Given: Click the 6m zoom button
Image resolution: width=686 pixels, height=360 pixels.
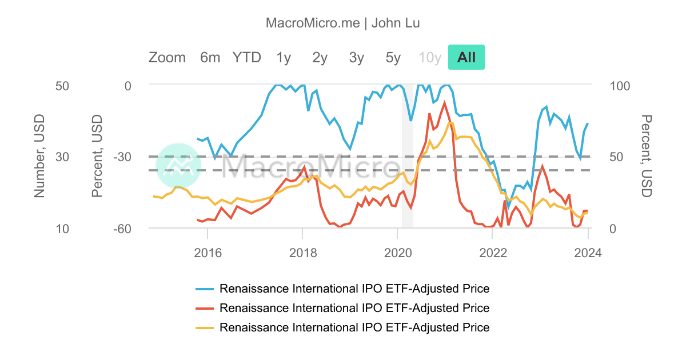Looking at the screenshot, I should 210,57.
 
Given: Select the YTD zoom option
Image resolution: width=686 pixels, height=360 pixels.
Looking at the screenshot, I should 246,57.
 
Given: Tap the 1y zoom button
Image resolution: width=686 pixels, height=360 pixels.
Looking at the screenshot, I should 284,57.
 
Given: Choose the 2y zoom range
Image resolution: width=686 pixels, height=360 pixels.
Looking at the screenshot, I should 320,57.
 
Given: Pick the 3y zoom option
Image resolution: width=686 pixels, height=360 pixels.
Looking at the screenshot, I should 357,57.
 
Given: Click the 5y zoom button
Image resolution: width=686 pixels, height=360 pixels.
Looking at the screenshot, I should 393,57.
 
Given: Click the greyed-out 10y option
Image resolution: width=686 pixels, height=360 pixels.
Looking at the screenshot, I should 430,57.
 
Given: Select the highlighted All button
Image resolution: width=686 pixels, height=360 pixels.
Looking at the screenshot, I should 466,57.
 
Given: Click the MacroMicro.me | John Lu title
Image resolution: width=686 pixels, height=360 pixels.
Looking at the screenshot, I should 343,23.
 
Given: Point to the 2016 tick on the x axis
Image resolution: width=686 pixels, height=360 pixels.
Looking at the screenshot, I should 208,253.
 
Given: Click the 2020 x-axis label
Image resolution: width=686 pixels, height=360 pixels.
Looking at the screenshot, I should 397,253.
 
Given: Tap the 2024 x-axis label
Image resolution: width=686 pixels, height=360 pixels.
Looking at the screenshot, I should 588,253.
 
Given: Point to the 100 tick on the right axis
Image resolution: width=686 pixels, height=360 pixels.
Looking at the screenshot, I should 620,86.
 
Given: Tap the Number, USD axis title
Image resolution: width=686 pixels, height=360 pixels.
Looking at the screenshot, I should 39,156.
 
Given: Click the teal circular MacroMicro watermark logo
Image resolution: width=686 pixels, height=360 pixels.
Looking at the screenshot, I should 178,165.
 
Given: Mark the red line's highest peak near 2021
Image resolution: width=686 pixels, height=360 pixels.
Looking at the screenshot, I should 444,103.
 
